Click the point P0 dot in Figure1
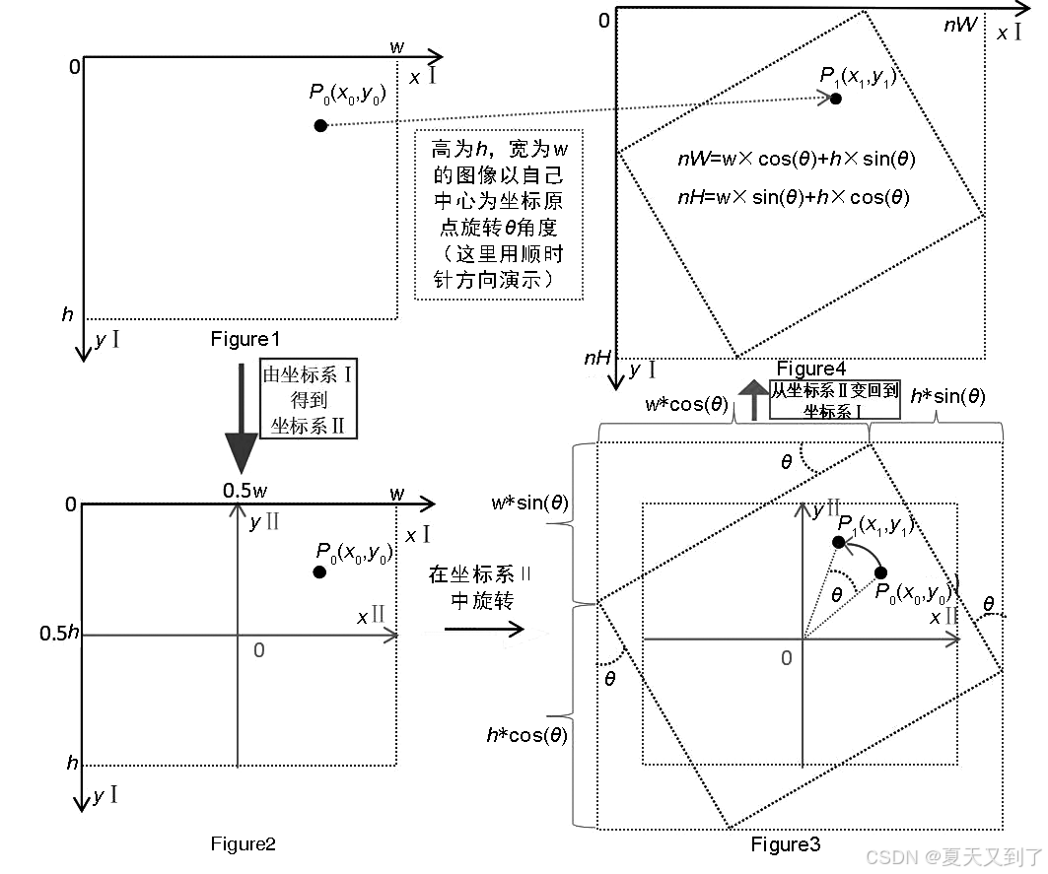(319, 125)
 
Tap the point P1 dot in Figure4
(836, 99)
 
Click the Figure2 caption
(243, 843)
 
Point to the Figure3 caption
(785, 844)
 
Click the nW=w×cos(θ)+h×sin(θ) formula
(796, 159)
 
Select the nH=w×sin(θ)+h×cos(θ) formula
(794, 196)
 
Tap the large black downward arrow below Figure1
(241, 414)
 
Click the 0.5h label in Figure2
(59, 633)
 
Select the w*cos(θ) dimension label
(686, 404)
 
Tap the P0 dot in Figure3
(880, 572)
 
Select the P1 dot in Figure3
(838, 542)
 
